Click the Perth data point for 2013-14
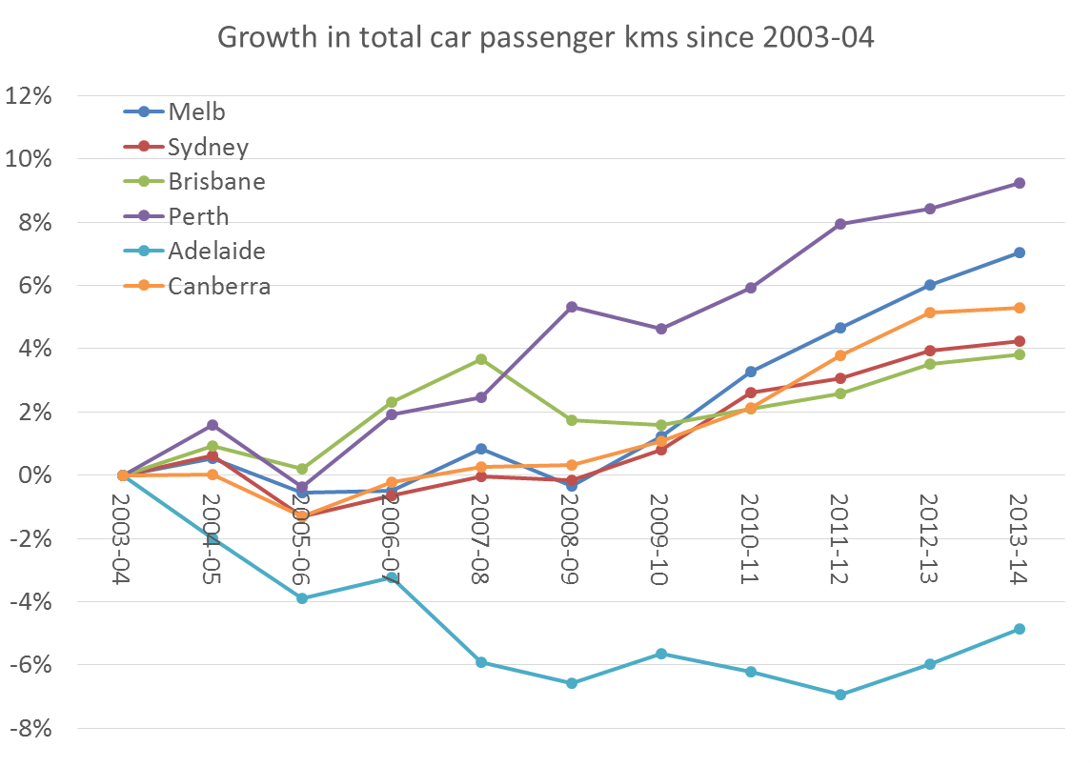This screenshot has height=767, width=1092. point(1019,183)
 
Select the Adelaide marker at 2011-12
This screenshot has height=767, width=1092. point(839,695)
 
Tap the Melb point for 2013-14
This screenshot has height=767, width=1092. point(1019,252)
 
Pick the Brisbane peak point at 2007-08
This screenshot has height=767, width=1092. point(481,359)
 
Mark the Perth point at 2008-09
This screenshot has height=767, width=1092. point(571,307)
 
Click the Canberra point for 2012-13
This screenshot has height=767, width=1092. point(929,313)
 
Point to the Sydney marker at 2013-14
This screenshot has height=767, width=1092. point(1019,341)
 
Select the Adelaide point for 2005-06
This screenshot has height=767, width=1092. point(302,598)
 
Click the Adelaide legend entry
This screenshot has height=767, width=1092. point(216,251)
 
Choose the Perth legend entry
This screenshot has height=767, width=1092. point(198,216)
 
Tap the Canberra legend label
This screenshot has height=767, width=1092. point(219,286)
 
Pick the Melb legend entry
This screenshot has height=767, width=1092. point(196,111)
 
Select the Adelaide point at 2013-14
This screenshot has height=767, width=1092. point(1019,629)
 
